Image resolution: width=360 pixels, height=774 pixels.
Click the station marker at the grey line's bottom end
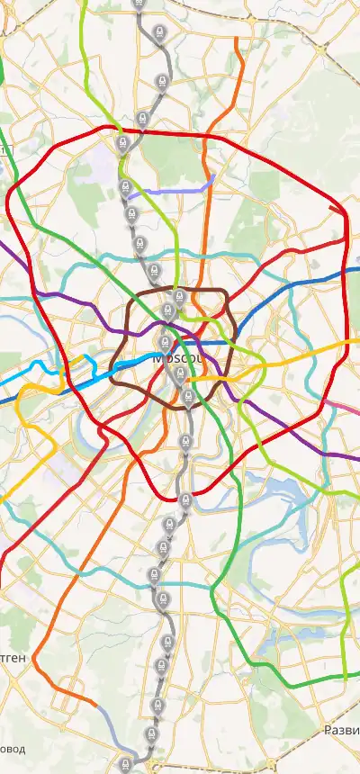[x=125, y=766]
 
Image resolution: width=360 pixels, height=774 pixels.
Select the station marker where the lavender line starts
[x=125, y=187]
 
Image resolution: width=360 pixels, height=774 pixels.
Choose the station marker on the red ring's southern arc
[x=184, y=499]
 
